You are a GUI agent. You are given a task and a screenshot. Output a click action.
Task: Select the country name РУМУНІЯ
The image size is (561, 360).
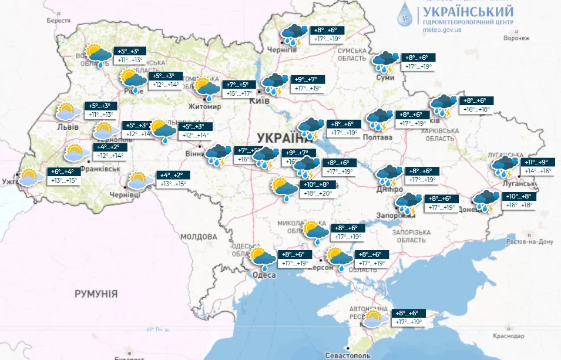[x=96, y=293]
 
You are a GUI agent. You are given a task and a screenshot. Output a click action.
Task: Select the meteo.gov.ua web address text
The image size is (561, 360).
[x=441, y=30]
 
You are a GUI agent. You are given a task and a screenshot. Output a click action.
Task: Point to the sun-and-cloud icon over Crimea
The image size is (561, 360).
[x=372, y=318]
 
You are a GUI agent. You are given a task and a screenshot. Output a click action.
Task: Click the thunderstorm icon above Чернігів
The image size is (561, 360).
[x=293, y=35]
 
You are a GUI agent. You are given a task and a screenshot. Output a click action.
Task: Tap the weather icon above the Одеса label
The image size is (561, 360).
[x=263, y=257]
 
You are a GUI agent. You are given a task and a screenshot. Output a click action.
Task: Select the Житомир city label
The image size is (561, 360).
[x=205, y=107]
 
